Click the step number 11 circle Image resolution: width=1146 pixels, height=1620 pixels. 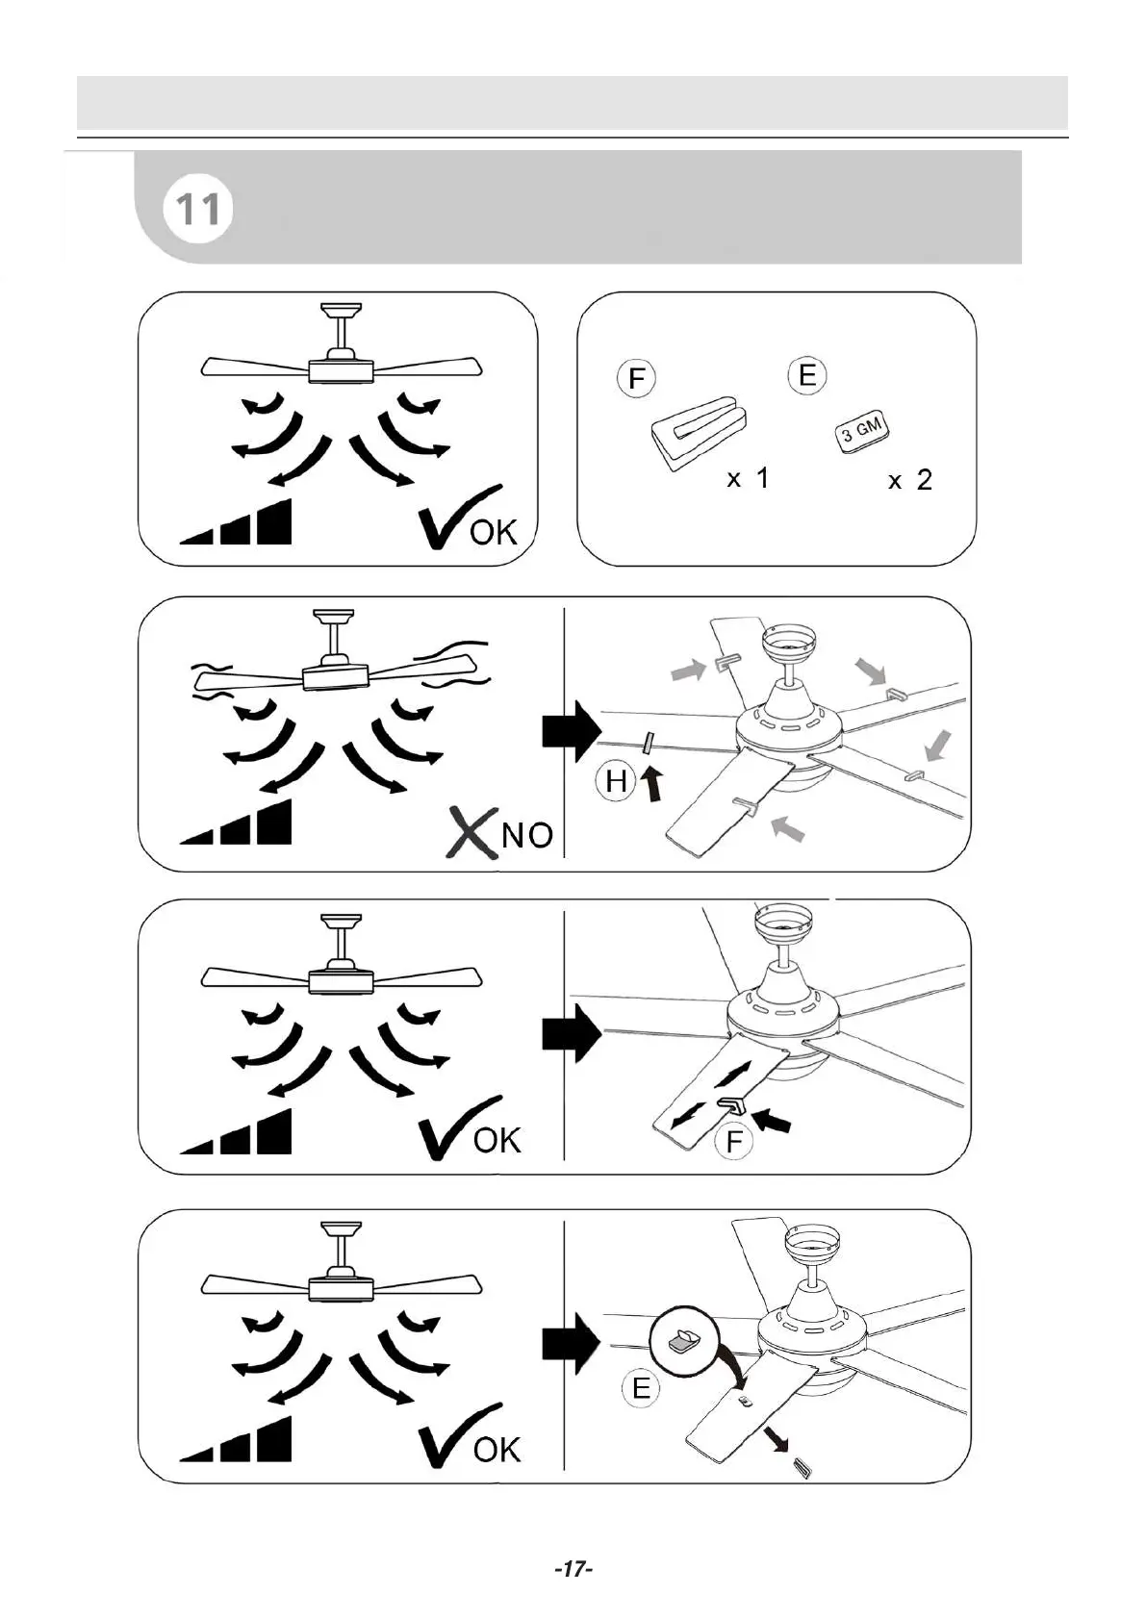[199, 209]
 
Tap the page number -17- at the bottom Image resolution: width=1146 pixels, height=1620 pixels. [573, 1569]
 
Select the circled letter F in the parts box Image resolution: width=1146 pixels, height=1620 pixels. [636, 378]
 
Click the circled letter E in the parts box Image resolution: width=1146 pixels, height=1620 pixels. [807, 374]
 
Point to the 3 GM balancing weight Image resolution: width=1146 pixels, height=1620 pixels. [861, 432]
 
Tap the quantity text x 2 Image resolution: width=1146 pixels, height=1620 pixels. [910, 480]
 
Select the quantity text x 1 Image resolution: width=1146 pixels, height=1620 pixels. [748, 478]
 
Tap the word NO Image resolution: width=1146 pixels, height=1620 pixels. [527, 835]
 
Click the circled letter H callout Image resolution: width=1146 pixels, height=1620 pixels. [616, 781]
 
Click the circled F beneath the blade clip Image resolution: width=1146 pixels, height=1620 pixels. [734, 1142]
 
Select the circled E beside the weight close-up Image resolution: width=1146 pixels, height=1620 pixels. [641, 1388]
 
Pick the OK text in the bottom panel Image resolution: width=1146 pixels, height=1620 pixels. [497, 1450]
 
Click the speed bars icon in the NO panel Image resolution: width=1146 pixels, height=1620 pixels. [237, 823]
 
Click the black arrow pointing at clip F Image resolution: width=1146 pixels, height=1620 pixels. [772, 1120]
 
